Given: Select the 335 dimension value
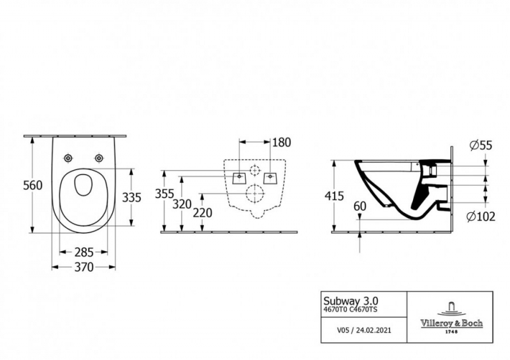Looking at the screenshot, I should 131,198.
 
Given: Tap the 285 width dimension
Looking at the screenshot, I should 84,252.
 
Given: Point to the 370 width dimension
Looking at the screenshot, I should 84,267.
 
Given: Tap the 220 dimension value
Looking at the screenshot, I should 202,213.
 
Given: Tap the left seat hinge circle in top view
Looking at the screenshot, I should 68,158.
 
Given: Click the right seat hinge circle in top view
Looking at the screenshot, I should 99,158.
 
